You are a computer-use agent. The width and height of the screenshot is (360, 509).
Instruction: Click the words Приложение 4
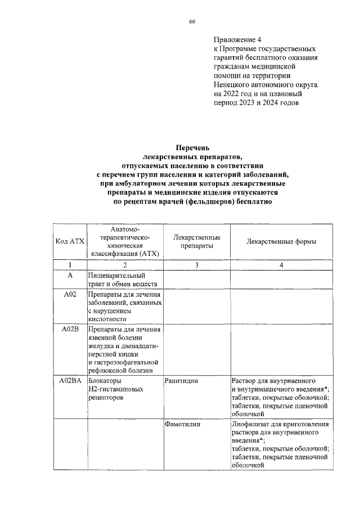point(237,40)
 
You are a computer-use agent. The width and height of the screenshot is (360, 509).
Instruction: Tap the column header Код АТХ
point(70,241)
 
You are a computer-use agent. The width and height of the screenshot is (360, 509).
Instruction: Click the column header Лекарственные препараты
point(196,241)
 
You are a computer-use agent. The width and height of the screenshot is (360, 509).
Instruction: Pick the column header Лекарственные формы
point(281,241)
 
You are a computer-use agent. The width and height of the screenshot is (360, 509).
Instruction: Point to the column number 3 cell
point(196,265)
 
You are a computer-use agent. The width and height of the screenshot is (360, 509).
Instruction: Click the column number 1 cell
point(70,265)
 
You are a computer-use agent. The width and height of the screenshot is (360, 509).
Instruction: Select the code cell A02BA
point(70,381)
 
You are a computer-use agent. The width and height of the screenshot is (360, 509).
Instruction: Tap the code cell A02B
point(70,330)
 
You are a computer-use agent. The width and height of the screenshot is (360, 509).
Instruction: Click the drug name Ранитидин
point(181,381)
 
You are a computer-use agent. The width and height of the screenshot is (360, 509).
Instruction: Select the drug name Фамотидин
point(182,425)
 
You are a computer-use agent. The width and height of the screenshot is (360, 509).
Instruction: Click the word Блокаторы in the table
point(105,381)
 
